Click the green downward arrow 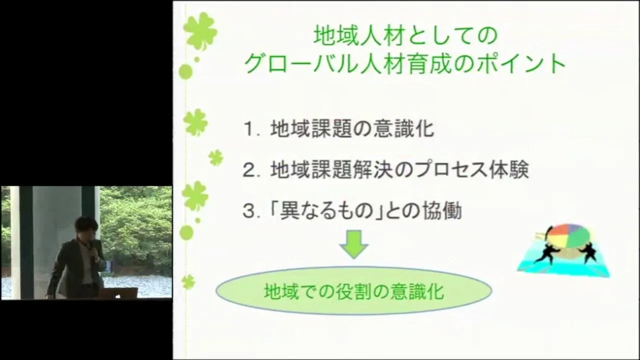[x=354, y=244]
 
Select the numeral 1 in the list [x=249, y=129]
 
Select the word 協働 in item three [x=442, y=211]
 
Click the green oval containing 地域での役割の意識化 [x=353, y=291]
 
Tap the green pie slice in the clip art [x=577, y=236]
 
